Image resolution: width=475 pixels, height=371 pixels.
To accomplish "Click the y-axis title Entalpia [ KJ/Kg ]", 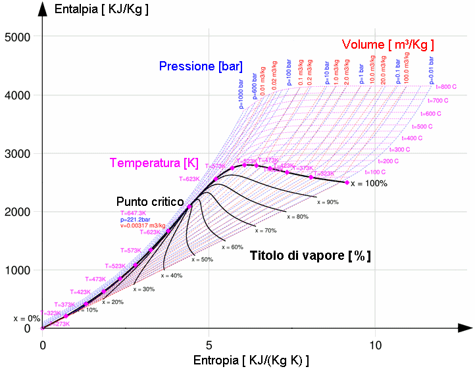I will pos(101,9).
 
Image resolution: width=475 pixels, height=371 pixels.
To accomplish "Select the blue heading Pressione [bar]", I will pos(200,66).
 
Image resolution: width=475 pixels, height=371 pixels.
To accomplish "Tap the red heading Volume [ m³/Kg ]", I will pos(387,45).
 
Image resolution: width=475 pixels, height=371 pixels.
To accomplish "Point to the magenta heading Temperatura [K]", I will pos(154,162).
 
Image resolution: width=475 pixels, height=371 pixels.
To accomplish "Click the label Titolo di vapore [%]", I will pos(310,257).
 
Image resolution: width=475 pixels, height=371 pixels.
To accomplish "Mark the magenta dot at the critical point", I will pos(189,207).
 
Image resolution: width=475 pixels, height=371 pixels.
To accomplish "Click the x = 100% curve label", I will pos(368,184).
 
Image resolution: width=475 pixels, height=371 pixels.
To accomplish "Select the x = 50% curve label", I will pos(203,260).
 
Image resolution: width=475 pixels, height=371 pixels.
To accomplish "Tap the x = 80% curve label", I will pos(297,216).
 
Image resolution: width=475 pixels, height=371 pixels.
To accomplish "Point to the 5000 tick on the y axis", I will pos(18,37).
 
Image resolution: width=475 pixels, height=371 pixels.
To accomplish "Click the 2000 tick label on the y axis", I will pos(18,212).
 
